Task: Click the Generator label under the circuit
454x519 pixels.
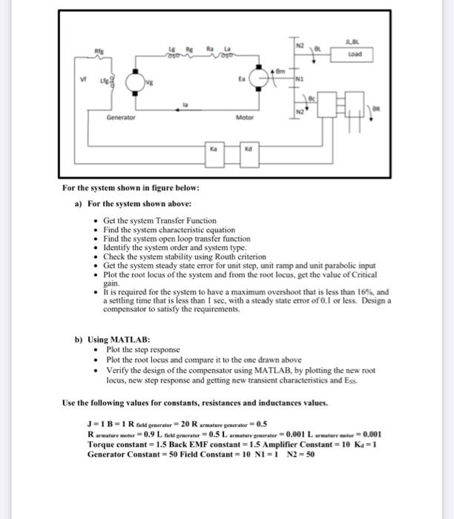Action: click(x=119, y=117)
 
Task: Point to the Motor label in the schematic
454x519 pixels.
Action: click(x=245, y=117)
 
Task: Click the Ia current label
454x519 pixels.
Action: click(x=186, y=106)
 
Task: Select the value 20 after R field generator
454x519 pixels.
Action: click(x=200, y=424)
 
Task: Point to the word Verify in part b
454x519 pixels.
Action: click(x=118, y=368)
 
